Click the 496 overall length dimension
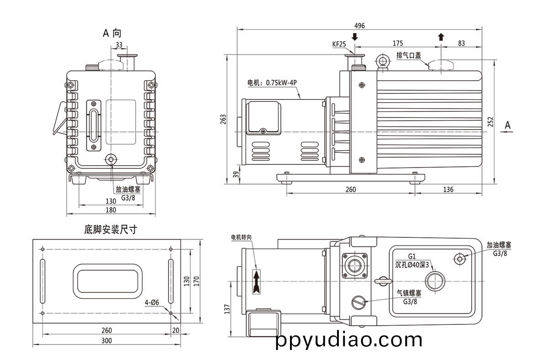[359, 26]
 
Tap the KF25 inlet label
[339, 44]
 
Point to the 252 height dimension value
[490, 122]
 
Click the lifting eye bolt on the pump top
[382, 61]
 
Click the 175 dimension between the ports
[397, 43]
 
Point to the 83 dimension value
[461, 43]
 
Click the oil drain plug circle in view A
[111, 160]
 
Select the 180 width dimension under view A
[111, 210]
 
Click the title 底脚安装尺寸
[111, 230]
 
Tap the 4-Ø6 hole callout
[152, 303]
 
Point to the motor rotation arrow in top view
[256, 279]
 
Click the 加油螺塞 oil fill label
[499, 245]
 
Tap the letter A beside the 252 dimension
[508, 124]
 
